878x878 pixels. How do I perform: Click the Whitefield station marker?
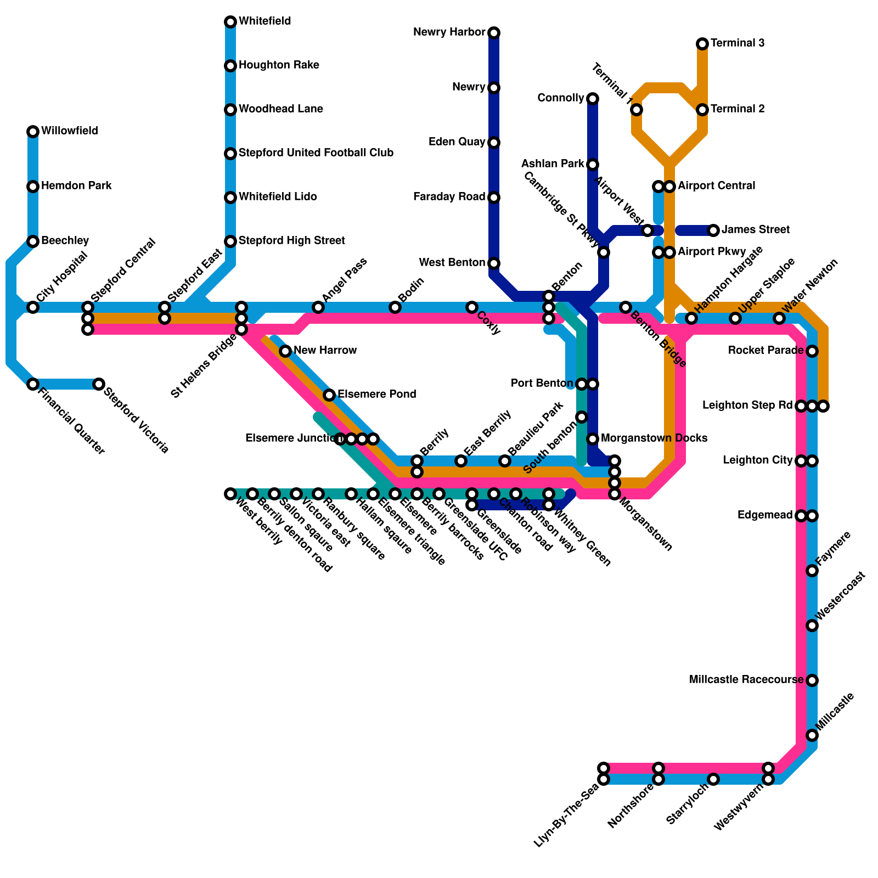(230, 22)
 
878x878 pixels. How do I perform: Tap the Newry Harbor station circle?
(494, 33)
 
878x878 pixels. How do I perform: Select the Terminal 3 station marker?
(702, 44)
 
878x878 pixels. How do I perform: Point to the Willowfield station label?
(70, 131)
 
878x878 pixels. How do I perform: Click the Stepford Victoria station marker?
(99, 384)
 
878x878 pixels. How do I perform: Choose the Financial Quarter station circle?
(33, 384)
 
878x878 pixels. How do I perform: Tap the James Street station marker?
(713, 230)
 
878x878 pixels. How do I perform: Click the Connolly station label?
(560, 98)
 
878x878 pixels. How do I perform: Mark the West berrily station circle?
(230, 494)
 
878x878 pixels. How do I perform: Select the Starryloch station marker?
(713, 779)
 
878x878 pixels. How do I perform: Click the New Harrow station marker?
(285, 351)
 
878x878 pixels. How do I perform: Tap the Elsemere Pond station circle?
(329, 395)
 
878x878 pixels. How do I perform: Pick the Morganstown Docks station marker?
(593, 439)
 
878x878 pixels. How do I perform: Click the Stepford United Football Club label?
(316, 153)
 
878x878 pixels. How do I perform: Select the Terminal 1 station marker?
(637, 110)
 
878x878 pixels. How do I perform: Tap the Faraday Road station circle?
(494, 198)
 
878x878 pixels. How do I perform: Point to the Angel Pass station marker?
(318, 307)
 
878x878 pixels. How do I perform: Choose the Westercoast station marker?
(812, 626)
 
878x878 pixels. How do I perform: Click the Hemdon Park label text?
(76, 186)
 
